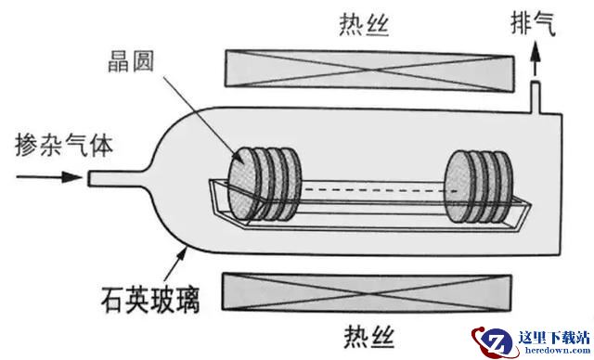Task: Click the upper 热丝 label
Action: (364, 25)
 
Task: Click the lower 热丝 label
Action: (369, 337)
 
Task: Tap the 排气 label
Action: (533, 22)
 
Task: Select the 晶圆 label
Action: (131, 61)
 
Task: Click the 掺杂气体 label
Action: (64, 145)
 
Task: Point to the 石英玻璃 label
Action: (150, 300)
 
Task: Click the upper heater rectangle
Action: (369, 71)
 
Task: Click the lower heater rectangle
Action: (367, 292)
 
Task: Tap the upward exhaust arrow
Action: (535, 58)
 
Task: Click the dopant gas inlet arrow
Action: (49, 177)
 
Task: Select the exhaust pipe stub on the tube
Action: (535, 96)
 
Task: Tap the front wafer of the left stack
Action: (242, 184)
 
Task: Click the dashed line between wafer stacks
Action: (380, 190)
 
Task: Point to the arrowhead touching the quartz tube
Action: (182, 253)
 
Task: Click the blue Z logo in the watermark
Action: (494, 341)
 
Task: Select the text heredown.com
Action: (557, 350)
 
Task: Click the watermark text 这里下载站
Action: (554, 338)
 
